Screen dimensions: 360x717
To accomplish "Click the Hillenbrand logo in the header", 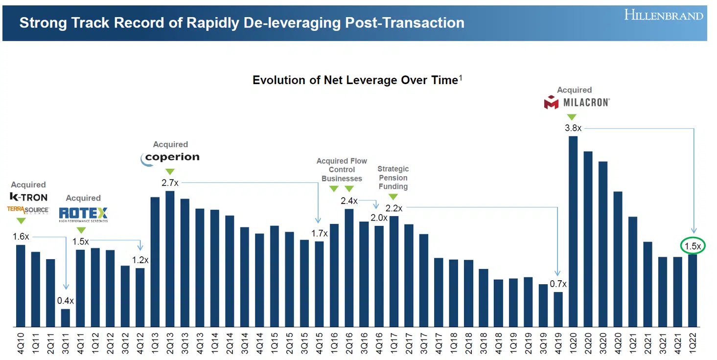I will point(663,15).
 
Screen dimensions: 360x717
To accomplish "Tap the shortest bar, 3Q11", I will point(66,317).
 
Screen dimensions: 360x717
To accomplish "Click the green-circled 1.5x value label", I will point(692,247).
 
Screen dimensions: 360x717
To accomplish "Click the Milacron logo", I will point(577,103).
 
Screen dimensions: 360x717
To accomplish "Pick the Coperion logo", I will point(170,157).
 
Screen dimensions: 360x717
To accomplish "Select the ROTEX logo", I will point(83,214).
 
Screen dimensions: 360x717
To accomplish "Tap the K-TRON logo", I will point(29,197).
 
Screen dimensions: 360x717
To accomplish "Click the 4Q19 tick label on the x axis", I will point(558,343).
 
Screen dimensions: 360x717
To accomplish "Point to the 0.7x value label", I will point(558,284).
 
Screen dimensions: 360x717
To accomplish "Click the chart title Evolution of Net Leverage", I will point(355,80).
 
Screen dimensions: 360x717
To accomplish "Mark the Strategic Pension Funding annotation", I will point(393,178).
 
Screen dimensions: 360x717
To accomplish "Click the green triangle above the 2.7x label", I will point(170,172).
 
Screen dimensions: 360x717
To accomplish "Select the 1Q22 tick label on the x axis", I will point(692,343).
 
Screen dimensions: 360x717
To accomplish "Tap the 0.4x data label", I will point(66,301).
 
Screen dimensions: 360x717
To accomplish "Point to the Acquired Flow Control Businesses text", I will point(342,169).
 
